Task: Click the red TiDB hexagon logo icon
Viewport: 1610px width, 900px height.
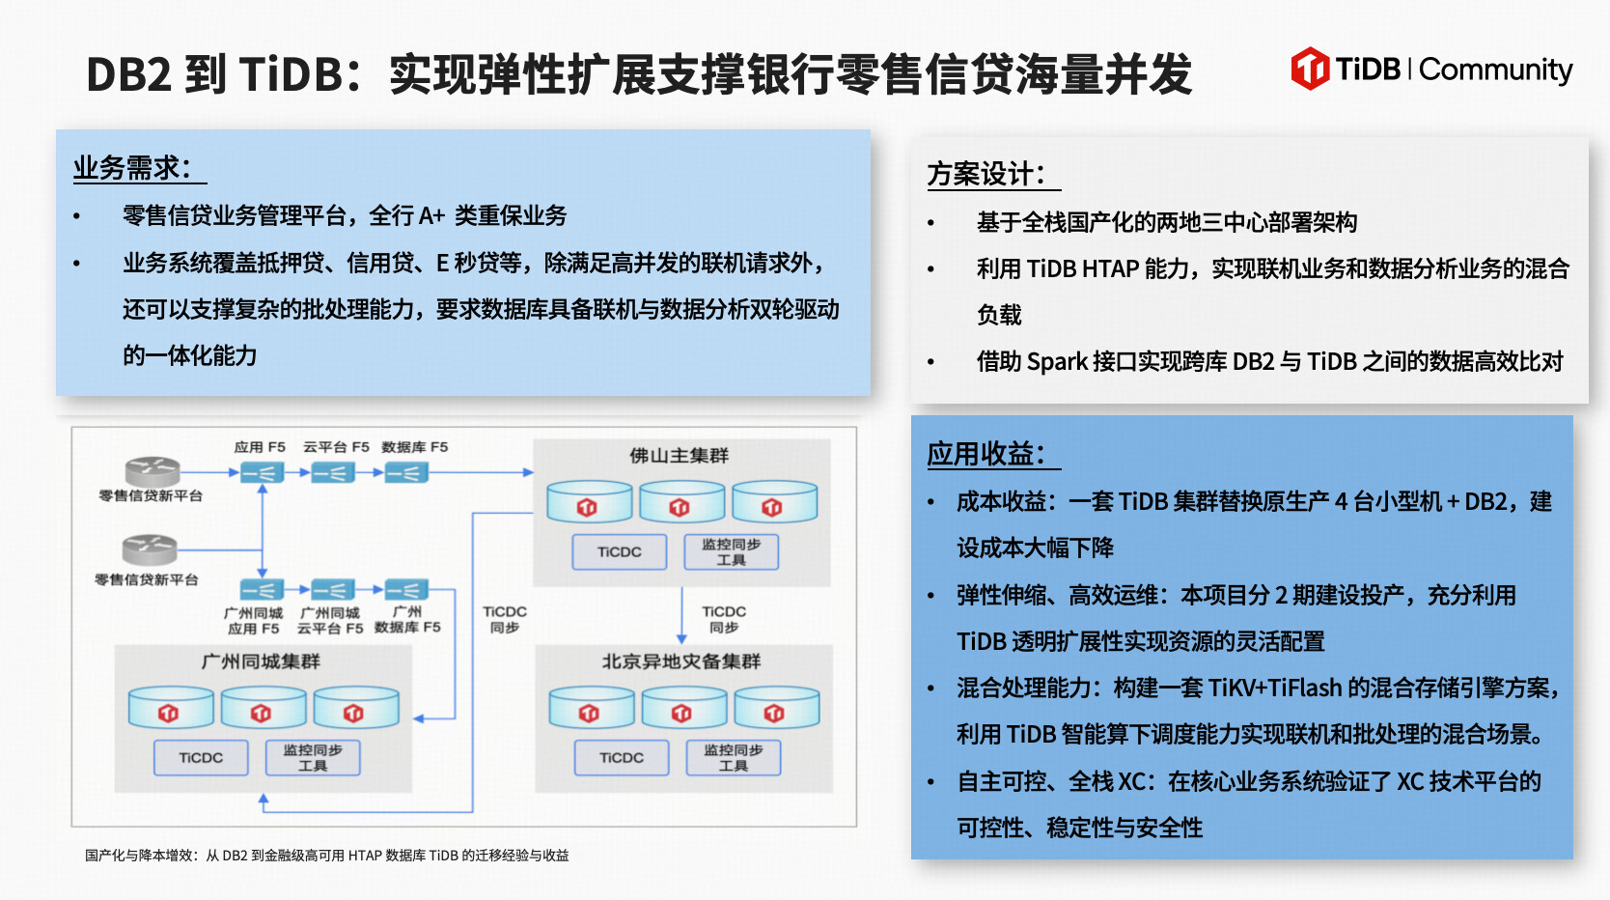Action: [x=1310, y=69]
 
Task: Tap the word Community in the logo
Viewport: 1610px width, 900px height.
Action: [x=1495, y=70]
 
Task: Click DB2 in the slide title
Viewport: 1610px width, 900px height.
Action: [x=128, y=74]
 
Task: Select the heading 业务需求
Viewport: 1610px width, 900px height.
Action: [x=132, y=168]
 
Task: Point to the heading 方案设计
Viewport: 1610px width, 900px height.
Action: [x=985, y=174]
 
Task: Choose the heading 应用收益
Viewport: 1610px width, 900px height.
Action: [x=985, y=454]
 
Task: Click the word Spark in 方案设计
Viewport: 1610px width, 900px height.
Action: [x=1057, y=362]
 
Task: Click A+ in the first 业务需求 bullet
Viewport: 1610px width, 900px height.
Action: [x=431, y=215]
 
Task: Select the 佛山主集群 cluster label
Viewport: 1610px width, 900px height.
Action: [x=680, y=455]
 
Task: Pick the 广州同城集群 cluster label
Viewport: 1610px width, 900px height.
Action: [x=261, y=661]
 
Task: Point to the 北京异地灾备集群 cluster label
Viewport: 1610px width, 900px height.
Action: [x=681, y=661]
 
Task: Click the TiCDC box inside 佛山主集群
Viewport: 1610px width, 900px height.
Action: [x=619, y=551]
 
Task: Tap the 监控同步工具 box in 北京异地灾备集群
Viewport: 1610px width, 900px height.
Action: [x=734, y=757]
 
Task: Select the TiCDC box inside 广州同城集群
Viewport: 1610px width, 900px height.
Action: [x=201, y=757]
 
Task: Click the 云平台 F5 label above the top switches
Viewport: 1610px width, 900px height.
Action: [x=336, y=447]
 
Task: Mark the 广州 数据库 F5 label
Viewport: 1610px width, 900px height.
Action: [x=407, y=619]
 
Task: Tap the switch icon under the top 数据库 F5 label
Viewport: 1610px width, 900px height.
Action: [x=406, y=473]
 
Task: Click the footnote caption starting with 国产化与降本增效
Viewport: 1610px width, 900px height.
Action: [x=326, y=856]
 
